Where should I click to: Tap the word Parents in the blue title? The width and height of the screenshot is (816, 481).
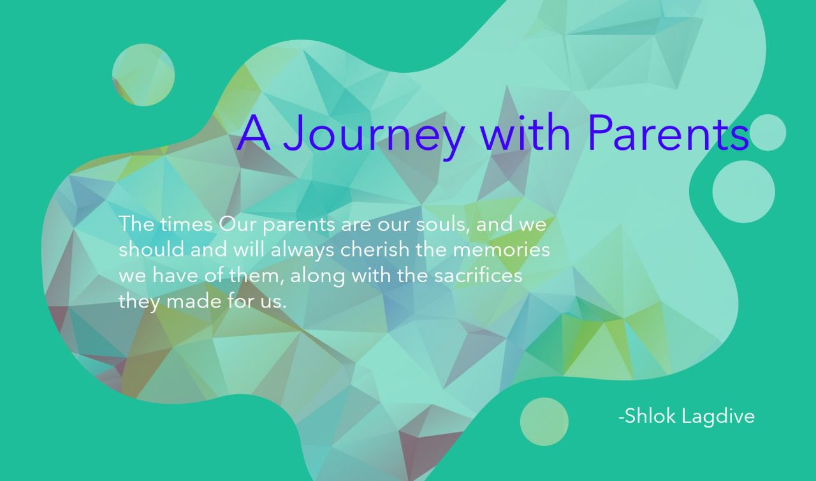coord(668,133)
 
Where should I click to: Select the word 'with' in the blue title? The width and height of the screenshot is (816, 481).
coord(525,132)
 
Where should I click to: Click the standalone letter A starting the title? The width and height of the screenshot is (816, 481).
coord(254,133)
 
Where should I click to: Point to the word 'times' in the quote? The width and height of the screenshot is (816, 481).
coord(187,224)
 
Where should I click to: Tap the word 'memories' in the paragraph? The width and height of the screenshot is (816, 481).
coord(501,250)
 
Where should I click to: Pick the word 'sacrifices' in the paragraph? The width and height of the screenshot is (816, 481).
coord(478,276)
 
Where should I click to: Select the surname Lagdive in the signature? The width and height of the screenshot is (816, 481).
coord(718,417)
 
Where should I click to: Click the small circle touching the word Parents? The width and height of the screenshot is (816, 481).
coord(768,132)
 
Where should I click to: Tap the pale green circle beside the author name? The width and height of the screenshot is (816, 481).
coord(544,422)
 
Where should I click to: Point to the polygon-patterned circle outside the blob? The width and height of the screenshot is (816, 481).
coord(143,75)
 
